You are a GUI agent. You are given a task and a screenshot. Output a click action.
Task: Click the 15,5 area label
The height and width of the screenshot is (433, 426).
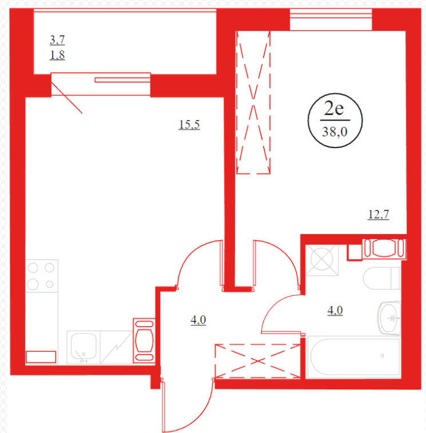(189, 125)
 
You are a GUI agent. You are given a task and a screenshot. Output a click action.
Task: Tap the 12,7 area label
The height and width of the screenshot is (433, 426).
(379, 214)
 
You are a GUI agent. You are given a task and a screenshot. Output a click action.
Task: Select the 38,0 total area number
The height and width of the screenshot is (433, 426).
(335, 132)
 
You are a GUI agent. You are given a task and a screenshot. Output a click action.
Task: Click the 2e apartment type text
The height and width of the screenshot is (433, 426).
(334, 108)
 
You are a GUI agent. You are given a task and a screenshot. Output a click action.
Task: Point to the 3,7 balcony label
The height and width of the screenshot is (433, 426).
(57, 40)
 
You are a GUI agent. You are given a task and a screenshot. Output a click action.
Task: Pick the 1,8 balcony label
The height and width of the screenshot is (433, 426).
(57, 55)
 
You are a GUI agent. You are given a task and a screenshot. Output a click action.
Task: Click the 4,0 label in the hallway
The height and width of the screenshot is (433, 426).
(198, 320)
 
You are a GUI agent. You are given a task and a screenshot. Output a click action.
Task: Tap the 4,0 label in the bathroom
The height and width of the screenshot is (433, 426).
(335, 311)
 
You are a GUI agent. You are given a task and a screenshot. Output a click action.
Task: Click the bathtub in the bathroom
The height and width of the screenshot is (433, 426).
(354, 357)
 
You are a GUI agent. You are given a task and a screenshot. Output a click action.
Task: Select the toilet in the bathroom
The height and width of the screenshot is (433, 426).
(382, 278)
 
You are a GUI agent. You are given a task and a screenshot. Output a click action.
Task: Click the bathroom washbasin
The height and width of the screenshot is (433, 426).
(389, 318)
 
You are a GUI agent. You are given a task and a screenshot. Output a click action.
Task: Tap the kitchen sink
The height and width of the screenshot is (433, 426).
(83, 347)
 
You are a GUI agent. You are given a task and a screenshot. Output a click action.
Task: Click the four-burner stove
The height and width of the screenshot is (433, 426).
(42, 276)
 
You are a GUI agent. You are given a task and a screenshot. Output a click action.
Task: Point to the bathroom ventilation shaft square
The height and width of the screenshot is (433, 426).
(322, 260)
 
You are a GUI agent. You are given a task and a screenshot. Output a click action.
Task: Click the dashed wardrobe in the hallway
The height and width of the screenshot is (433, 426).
(257, 361)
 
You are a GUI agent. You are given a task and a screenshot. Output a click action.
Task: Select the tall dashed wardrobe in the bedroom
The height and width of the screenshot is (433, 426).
(253, 102)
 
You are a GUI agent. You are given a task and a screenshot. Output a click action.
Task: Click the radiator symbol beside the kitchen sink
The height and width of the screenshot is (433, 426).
(144, 340)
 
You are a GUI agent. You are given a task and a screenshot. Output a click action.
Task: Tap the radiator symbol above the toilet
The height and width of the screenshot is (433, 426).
(384, 249)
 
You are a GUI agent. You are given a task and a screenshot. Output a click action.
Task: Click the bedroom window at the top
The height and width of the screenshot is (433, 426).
(331, 19)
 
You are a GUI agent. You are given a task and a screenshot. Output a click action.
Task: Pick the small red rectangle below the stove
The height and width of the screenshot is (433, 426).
(41, 357)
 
